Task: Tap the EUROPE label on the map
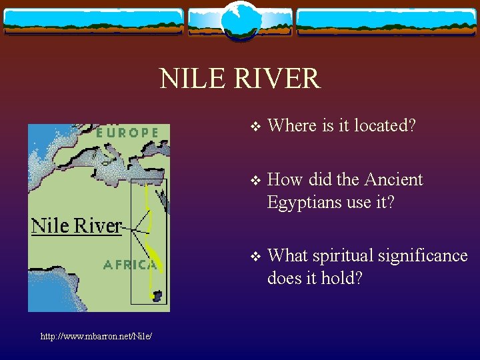click(x=127, y=133)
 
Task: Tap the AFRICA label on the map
click(x=129, y=265)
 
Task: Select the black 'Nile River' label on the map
click(x=77, y=225)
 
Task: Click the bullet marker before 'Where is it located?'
click(x=253, y=126)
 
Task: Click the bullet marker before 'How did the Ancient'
click(x=253, y=181)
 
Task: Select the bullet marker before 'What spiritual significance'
click(x=253, y=257)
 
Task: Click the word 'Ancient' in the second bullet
click(x=394, y=180)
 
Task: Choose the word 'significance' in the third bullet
click(x=433, y=256)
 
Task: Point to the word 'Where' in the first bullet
click(x=288, y=125)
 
